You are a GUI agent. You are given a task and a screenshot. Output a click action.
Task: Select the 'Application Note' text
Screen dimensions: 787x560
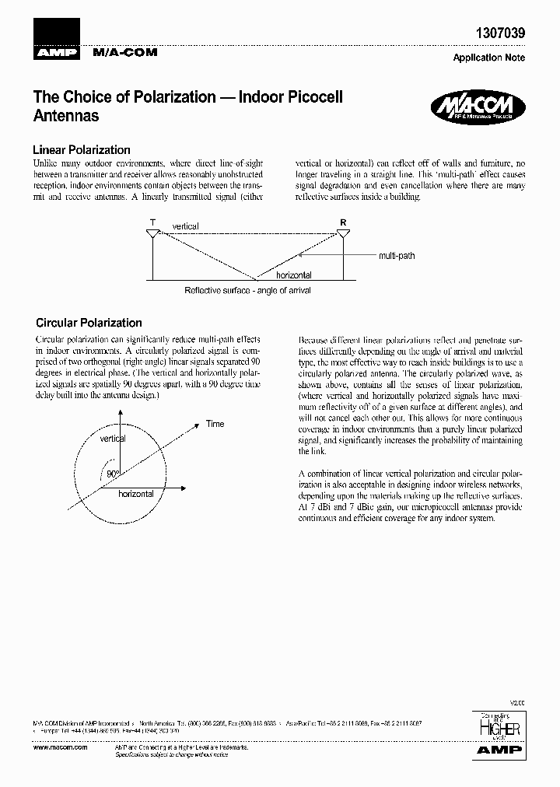pos(488,58)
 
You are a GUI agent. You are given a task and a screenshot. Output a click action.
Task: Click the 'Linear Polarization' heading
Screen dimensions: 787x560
pos(81,149)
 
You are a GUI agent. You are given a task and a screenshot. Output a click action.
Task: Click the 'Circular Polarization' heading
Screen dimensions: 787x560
pos(89,323)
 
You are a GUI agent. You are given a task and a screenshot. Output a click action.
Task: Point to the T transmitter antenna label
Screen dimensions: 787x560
pos(152,222)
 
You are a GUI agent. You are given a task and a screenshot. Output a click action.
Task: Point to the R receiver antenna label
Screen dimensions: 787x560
pos(343,222)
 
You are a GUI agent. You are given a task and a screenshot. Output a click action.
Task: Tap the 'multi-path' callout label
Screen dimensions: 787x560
pos(397,255)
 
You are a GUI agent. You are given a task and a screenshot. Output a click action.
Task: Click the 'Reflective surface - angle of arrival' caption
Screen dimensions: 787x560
pos(247,290)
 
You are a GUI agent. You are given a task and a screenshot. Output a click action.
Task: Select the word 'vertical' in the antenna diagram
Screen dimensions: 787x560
pos(186,226)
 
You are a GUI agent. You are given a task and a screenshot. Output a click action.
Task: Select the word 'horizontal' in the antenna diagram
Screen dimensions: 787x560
pos(294,275)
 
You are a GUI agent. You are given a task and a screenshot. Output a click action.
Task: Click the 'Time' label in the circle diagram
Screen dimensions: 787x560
pos(215,424)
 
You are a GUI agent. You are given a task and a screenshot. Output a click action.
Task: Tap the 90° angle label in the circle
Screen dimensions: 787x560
pos(113,474)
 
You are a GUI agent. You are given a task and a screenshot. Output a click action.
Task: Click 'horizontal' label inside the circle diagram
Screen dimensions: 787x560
pos(136,494)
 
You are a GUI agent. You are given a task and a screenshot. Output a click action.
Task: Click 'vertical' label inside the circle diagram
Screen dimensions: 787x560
pos(113,439)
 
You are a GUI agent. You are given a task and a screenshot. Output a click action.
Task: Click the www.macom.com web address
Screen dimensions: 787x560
pos(55,746)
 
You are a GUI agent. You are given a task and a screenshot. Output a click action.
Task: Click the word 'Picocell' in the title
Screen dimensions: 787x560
pos(306,98)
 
